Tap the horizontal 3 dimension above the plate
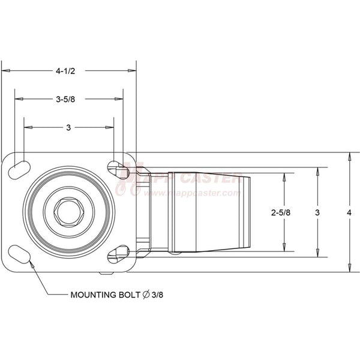[68, 127]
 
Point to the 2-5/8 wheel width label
[281, 212]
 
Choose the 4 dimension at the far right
[349, 212]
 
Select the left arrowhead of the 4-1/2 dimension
[5, 71]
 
